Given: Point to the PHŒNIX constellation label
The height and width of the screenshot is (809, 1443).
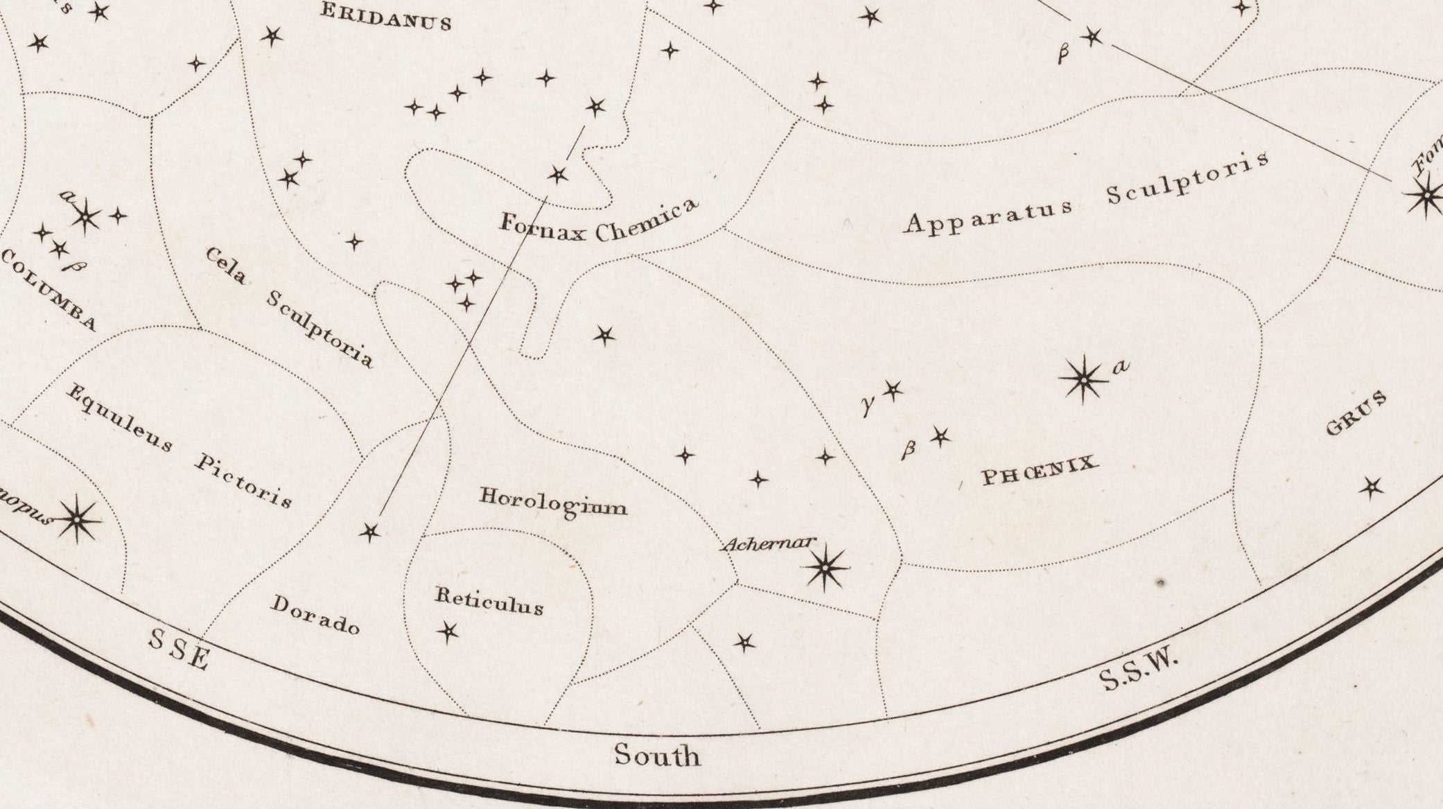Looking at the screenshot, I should pyautogui.click(x=1040, y=471).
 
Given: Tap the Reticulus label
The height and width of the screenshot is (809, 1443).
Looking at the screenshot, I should pyautogui.click(x=489, y=601).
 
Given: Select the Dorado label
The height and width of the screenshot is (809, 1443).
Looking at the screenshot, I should pyautogui.click(x=315, y=614).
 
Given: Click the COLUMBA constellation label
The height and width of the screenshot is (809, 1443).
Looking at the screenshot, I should pyautogui.click(x=47, y=291).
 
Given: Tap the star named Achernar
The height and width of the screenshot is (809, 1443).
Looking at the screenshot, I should pyautogui.click(x=825, y=568).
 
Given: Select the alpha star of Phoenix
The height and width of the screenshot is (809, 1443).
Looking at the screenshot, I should pyautogui.click(x=1083, y=379).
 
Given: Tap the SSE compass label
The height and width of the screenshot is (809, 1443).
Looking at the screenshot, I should pyautogui.click(x=178, y=649).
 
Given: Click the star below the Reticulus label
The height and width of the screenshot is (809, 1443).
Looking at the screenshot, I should pyautogui.click(x=448, y=631).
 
